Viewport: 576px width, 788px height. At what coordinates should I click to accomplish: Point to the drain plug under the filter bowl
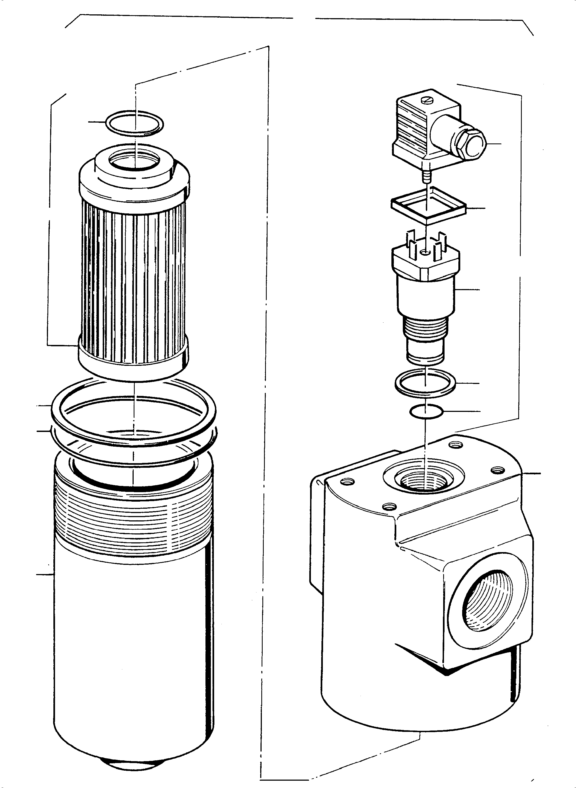tap(134, 760)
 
